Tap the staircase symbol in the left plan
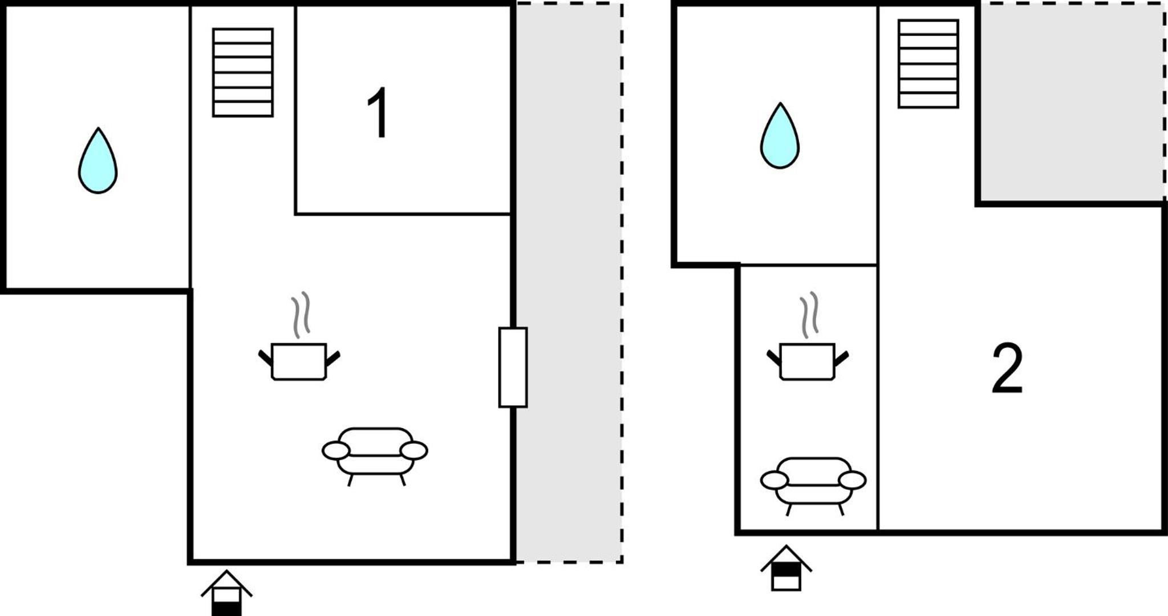(x=243, y=73)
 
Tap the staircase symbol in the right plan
(x=928, y=64)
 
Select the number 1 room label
(x=378, y=112)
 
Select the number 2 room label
(x=1008, y=368)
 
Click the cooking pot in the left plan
(x=299, y=361)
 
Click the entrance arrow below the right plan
(x=786, y=568)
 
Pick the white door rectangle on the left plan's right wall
(x=513, y=367)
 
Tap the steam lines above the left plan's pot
(x=301, y=315)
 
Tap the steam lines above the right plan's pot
(x=809, y=315)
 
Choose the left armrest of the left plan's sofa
(x=336, y=450)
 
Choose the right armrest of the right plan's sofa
(x=853, y=481)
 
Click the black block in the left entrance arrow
(x=226, y=609)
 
